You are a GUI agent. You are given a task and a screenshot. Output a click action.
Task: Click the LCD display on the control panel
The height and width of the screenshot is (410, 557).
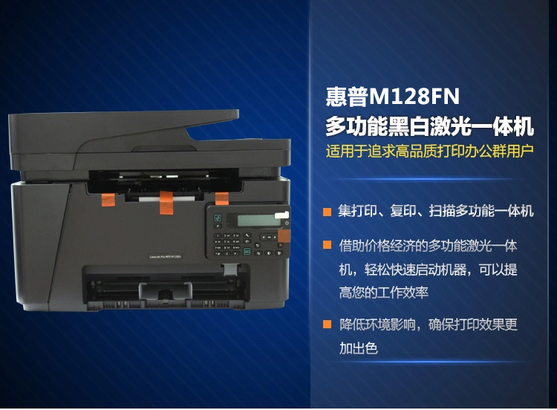[x=255, y=221]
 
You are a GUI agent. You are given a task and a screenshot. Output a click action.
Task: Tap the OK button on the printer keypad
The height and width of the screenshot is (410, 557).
[x=269, y=237]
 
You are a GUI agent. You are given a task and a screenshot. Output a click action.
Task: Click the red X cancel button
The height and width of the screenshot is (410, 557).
[x=280, y=245]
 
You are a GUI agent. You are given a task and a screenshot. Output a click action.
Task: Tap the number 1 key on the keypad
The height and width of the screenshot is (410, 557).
[x=218, y=235]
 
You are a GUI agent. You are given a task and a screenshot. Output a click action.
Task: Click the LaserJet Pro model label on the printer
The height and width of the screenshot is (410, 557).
[x=165, y=256]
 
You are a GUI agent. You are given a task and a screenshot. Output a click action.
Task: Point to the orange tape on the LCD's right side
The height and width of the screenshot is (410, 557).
[x=284, y=235]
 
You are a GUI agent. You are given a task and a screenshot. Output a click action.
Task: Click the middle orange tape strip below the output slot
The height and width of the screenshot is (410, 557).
[x=166, y=203]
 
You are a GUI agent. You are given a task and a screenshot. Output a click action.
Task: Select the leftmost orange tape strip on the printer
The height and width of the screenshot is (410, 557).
[x=108, y=200]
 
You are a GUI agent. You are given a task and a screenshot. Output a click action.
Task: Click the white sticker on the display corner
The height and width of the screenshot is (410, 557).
[x=281, y=215]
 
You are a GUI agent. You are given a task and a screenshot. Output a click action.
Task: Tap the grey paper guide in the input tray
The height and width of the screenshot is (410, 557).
[x=166, y=290]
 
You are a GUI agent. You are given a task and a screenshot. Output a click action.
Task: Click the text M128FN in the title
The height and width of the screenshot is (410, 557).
[x=414, y=97]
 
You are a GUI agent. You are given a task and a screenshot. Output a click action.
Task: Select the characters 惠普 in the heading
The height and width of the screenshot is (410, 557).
[x=347, y=97]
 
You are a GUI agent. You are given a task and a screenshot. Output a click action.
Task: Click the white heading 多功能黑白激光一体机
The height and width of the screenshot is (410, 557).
[x=430, y=126]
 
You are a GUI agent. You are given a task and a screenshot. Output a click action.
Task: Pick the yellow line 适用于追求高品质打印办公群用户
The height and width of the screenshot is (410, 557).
[x=430, y=151]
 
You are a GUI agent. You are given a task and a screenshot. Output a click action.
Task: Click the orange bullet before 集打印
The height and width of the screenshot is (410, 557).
[x=327, y=212]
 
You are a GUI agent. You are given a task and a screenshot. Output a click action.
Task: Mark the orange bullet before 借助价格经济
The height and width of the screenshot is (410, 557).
[x=327, y=245]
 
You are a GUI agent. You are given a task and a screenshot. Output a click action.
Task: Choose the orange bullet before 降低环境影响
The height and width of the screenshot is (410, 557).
[x=327, y=324]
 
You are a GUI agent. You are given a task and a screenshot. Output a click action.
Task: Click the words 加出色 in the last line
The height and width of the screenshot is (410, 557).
[x=359, y=348]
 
